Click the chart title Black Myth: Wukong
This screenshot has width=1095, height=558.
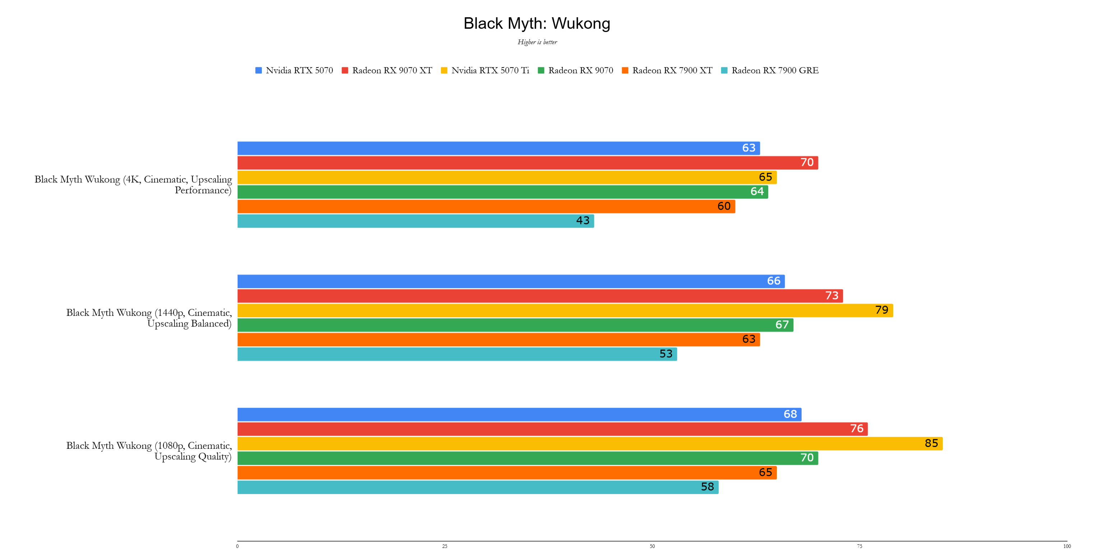[x=537, y=23]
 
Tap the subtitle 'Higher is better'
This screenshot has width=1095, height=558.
[x=537, y=42]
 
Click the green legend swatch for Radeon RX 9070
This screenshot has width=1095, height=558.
[x=541, y=70]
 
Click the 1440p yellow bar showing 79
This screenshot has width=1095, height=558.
[x=565, y=310]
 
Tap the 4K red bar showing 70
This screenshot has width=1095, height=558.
[x=528, y=163]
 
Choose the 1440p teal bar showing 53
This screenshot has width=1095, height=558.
[x=457, y=354]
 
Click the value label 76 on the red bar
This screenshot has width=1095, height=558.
[x=856, y=428]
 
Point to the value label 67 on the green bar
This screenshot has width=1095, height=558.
[x=782, y=325]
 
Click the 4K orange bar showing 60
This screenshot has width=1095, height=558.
[x=486, y=206]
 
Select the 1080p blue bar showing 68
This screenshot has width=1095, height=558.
[x=519, y=414]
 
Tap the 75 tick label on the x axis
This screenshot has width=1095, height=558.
[x=859, y=546]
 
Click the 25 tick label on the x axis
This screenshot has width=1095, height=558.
[x=445, y=546]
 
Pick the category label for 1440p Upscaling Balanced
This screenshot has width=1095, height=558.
[x=149, y=318]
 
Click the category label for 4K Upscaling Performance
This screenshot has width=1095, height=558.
[x=133, y=185]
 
